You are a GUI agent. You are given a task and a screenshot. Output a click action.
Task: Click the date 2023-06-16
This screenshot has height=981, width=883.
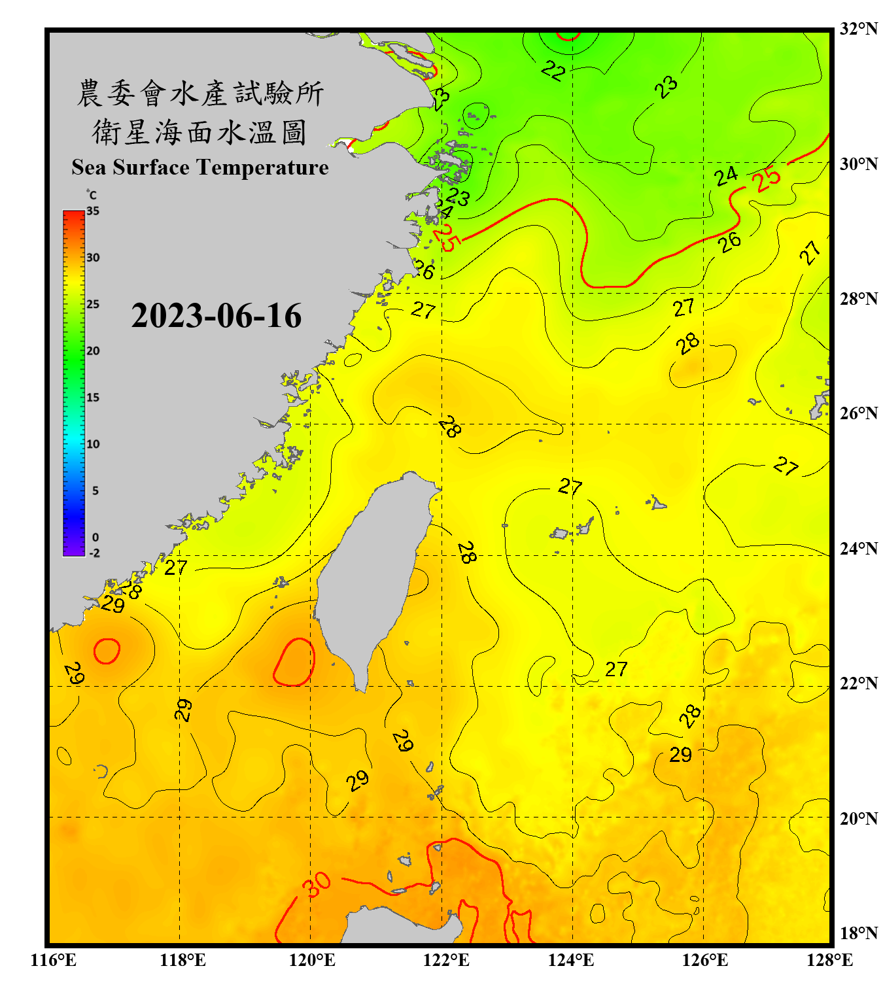click(x=216, y=316)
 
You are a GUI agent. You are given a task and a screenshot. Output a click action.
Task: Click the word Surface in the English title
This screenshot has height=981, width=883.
click(x=151, y=167)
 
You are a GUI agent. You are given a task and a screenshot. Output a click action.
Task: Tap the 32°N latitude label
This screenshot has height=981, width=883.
click(x=858, y=29)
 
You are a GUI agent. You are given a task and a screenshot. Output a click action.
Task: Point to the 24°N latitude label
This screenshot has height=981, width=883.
click(x=858, y=548)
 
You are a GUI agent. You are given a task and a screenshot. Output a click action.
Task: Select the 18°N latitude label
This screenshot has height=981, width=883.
click(x=858, y=933)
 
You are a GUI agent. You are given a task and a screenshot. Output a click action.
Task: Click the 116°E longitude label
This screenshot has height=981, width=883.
click(x=53, y=960)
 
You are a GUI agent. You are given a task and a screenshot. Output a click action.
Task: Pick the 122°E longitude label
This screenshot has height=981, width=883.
click(x=446, y=960)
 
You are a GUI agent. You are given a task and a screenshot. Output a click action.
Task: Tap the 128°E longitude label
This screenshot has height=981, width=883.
click(x=829, y=960)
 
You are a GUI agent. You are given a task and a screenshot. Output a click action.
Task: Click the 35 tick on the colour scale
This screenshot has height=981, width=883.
click(x=93, y=211)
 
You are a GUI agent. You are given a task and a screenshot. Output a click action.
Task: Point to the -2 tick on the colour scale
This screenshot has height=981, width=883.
click(x=94, y=553)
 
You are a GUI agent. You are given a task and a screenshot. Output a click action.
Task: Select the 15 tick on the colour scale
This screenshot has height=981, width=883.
click(x=93, y=398)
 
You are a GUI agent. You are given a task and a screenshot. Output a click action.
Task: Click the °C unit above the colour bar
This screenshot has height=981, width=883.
click(x=92, y=195)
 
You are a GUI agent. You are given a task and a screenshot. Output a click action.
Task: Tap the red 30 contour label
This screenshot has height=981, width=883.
click(x=317, y=885)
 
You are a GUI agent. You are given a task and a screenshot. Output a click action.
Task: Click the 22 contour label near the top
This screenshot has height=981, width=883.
click(x=553, y=71)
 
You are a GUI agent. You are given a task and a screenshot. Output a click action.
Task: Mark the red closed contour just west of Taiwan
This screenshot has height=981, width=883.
click(x=294, y=662)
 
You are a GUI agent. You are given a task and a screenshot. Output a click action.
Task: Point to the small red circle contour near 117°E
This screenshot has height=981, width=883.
click(x=107, y=651)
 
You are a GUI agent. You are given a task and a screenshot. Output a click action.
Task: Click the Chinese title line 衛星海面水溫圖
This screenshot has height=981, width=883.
click(x=199, y=132)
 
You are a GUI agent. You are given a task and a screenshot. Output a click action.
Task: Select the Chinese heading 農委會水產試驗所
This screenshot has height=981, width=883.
click(x=199, y=94)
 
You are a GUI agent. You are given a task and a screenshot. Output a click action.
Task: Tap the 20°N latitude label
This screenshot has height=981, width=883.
click(x=858, y=818)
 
